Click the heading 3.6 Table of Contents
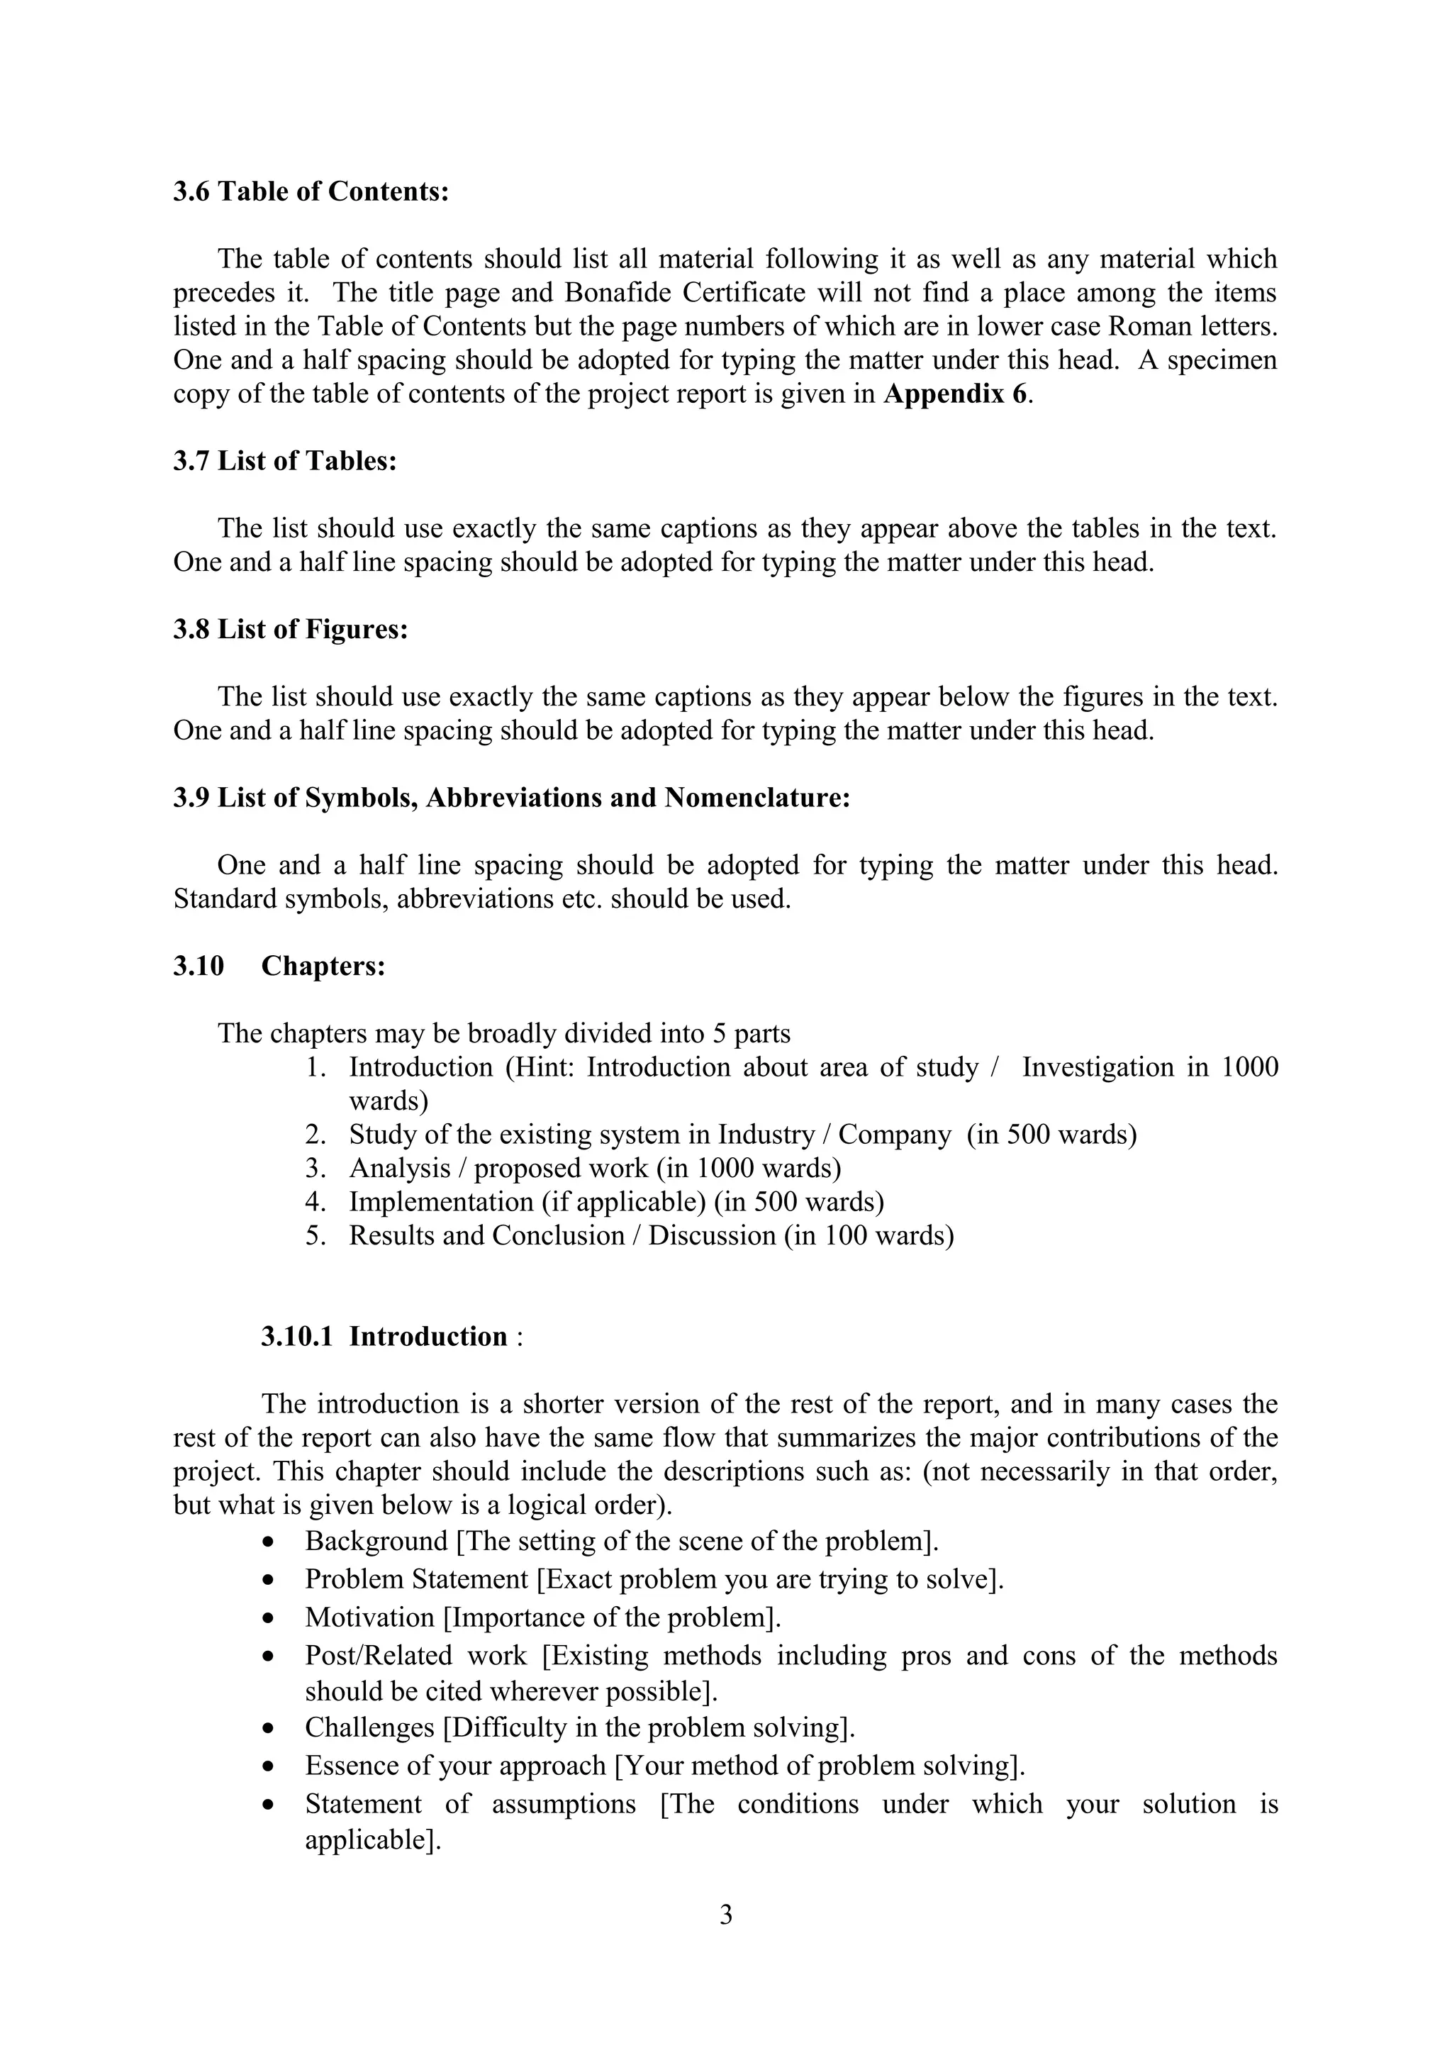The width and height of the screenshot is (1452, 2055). point(311,191)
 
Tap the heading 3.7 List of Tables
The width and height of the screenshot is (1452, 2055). point(284,461)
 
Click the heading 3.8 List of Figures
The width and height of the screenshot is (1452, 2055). point(290,629)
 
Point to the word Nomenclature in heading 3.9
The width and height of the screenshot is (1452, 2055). point(755,798)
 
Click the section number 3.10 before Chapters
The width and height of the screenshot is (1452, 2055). point(198,967)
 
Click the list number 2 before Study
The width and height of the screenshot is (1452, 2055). point(314,1135)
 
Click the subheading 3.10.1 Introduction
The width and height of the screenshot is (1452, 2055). point(385,1336)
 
